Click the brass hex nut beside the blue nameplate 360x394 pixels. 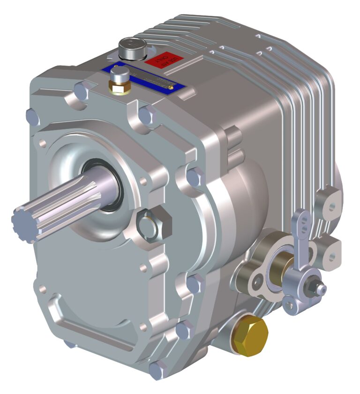pyautogui.click(x=120, y=87)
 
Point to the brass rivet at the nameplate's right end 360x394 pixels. pyautogui.click(x=172, y=86)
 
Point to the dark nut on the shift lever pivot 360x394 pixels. pyautogui.click(x=312, y=284)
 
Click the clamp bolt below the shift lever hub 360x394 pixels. pyautogui.click(x=290, y=306)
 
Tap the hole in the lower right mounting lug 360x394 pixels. pyautogui.click(x=332, y=256)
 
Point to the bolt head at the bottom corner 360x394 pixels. pyautogui.click(x=157, y=371)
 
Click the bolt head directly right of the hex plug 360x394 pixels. pyautogui.click(x=193, y=176)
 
